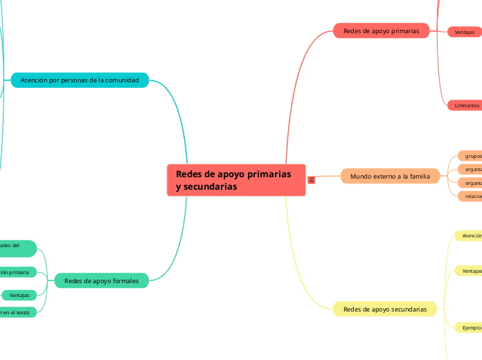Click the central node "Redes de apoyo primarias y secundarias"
pyautogui.click(x=235, y=180)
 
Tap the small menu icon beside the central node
pyautogui.click(x=312, y=180)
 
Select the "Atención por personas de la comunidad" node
pyautogui.click(x=80, y=80)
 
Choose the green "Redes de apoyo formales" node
pyautogui.click(x=101, y=280)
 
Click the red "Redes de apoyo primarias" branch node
pyautogui.click(x=381, y=31)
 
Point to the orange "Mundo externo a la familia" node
pyautogui.click(x=390, y=177)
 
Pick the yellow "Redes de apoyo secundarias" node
pyautogui.click(x=384, y=309)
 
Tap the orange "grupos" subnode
pyautogui.click(x=472, y=156)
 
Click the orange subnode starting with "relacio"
pyautogui.click(x=472, y=196)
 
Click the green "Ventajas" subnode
pyautogui.click(x=19, y=296)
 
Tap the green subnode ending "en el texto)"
pyautogui.click(x=15, y=313)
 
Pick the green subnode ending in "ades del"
pyautogui.click(x=15, y=247)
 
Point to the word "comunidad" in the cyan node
pyautogui.click(x=122, y=80)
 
